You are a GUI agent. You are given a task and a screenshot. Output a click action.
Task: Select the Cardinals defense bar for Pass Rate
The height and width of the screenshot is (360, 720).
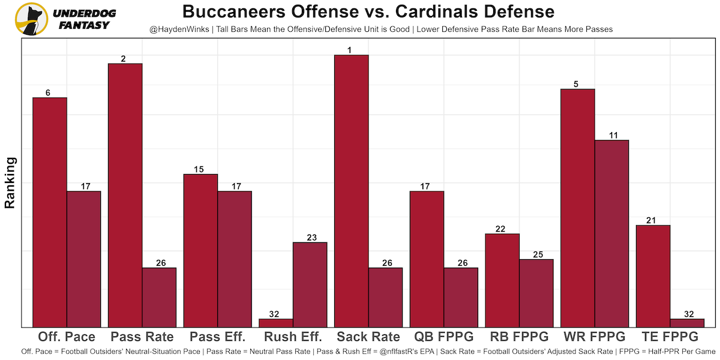(x=159, y=297)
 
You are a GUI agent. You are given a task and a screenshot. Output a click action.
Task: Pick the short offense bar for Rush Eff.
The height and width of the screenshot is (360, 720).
(x=276, y=323)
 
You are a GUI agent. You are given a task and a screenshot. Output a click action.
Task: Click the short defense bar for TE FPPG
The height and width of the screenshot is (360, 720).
(x=687, y=323)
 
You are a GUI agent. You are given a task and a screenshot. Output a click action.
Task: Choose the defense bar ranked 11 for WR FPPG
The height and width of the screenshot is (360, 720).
(x=611, y=233)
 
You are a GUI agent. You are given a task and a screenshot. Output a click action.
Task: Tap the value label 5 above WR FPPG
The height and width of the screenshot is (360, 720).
(x=577, y=84)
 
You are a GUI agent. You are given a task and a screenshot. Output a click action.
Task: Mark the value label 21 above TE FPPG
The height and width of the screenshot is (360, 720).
(x=653, y=220)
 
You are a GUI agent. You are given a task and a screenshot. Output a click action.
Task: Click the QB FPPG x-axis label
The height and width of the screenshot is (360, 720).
(x=444, y=337)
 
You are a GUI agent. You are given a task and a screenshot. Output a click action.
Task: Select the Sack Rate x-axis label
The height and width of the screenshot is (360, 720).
(x=368, y=337)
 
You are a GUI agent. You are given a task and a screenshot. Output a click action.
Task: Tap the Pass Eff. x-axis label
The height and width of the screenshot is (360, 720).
(x=217, y=337)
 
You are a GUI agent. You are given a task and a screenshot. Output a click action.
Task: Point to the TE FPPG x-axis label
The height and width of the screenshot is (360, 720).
(x=670, y=337)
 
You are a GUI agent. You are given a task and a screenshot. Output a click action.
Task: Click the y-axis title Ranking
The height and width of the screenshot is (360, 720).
(x=10, y=182)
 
